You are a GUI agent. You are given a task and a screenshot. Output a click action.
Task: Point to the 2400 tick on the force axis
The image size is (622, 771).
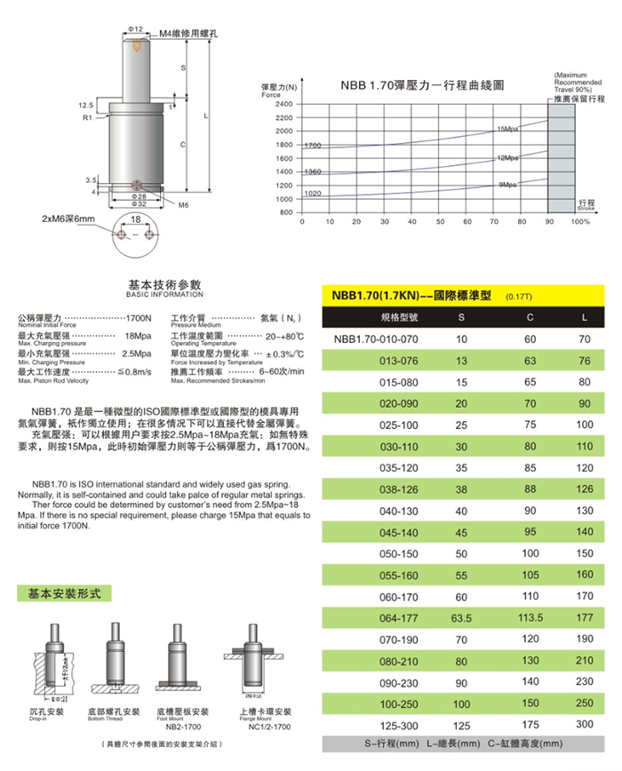tap(282, 104)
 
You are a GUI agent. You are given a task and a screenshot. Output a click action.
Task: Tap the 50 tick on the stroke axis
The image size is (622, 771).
tap(412, 220)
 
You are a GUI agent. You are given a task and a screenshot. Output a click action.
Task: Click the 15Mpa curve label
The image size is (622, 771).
tap(507, 129)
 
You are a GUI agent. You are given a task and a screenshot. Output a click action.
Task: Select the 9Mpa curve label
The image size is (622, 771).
tap(508, 184)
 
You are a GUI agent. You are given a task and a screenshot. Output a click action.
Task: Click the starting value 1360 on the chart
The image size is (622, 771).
tap(313, 171)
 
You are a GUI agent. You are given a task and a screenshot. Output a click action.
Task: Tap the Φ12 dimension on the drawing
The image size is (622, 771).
tap(135, 29)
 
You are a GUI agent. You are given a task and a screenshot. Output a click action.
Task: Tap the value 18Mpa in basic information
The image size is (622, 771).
tap(138, 336)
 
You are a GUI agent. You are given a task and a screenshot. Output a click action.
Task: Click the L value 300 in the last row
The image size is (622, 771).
tap(584, 725)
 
